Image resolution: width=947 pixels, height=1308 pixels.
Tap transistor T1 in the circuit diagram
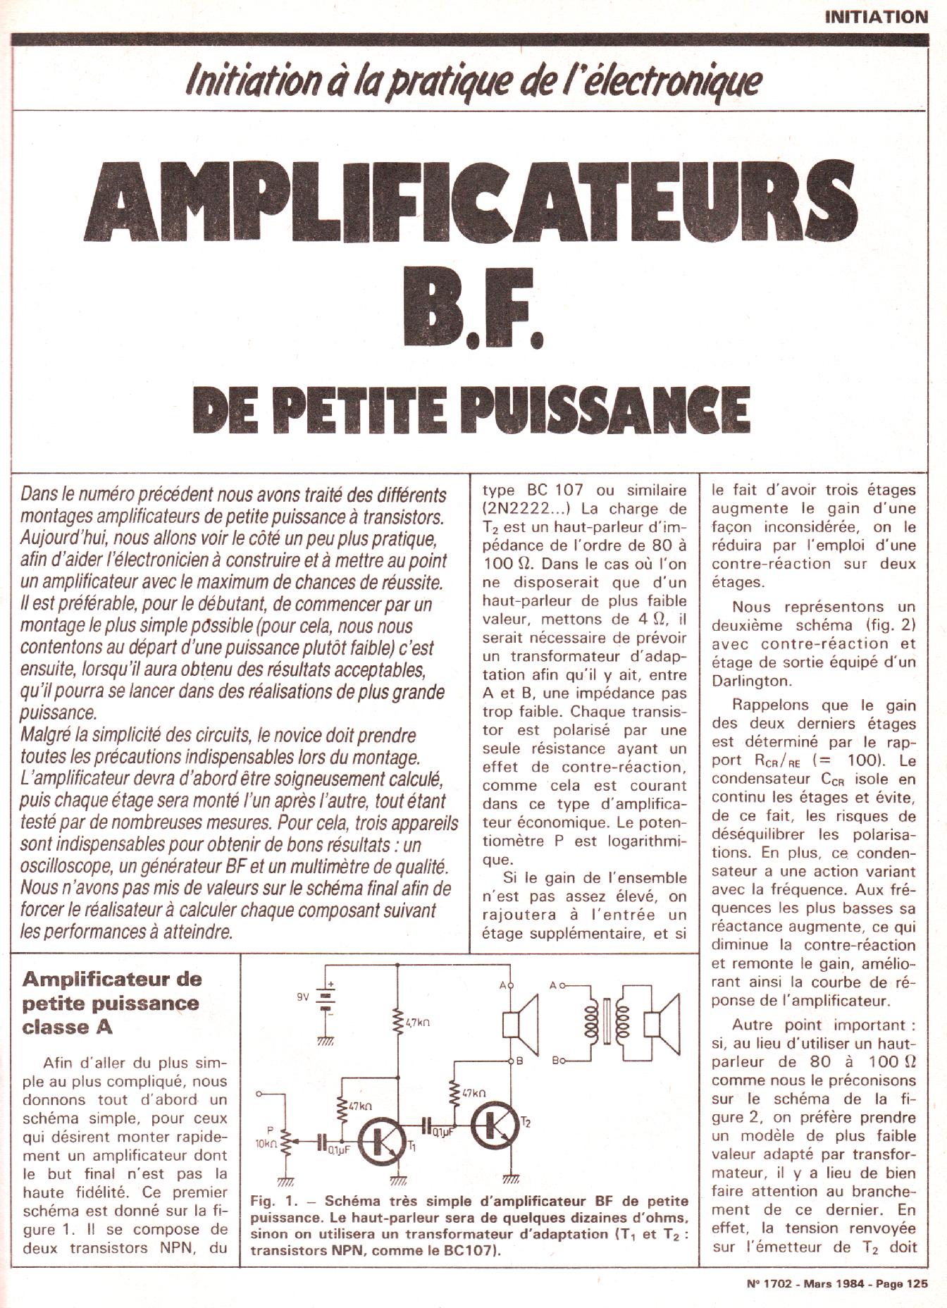coord(380,1142)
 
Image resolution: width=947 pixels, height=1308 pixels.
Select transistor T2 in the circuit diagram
coord(493,1126)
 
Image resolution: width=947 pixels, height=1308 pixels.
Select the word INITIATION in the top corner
coord(877,17)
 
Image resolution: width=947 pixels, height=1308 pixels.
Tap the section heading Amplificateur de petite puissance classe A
coord(111,1002)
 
